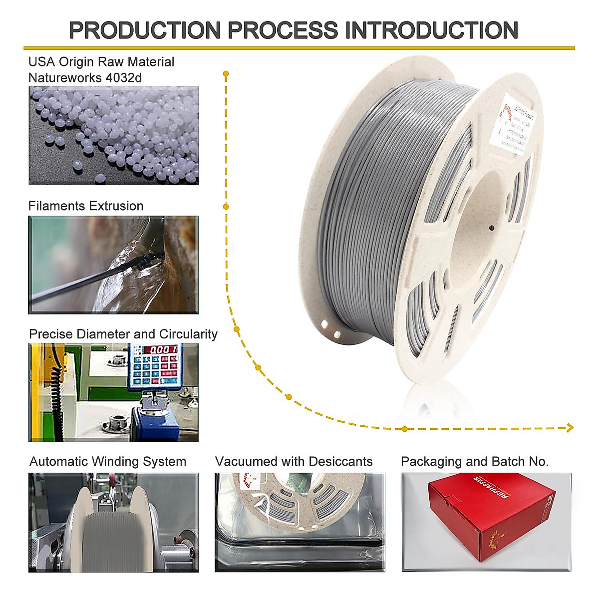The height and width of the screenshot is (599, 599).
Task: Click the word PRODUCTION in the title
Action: (x=145, y=30)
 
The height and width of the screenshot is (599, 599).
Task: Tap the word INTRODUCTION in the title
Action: (x=432, y=30)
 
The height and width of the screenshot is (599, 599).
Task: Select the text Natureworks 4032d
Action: (x=85, y=78)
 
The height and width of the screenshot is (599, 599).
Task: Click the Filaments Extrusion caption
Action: (x=86, y=206)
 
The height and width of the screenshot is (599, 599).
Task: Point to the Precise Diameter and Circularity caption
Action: (x=123, y=334)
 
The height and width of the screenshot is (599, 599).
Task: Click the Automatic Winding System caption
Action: (x=108, y=462)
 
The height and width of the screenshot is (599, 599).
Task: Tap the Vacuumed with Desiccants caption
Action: (x=294, y=462)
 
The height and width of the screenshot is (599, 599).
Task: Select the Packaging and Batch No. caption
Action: (x=475, y=462)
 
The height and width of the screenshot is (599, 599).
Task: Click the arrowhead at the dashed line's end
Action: (x=570, y=428)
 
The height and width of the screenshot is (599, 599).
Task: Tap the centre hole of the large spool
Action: (x=492, y=228)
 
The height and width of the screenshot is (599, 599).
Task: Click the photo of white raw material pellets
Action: (x=114, y=136)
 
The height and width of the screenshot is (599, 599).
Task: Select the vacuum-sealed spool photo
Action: (x=300, y=522)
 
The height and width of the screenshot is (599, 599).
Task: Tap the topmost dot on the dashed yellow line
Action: (x=226, y=74)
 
